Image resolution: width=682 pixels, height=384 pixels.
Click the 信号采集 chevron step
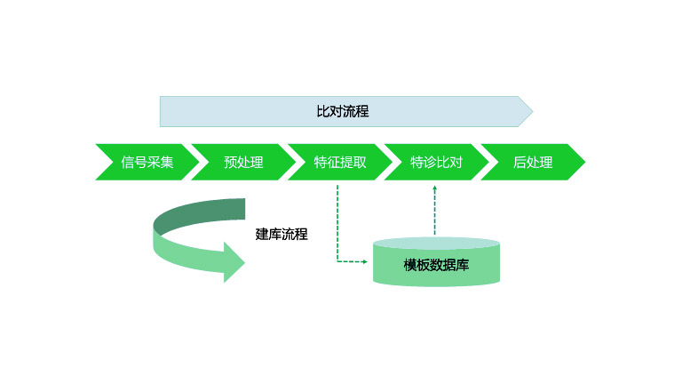(147, 163)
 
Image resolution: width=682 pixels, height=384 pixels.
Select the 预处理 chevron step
(243, 163)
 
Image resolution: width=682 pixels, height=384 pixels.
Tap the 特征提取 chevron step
(339, 163)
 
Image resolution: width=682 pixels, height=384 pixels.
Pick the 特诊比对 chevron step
(436, 163)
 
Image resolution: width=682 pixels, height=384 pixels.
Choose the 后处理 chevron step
(533, 163)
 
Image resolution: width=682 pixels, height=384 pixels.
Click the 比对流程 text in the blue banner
(342, 112)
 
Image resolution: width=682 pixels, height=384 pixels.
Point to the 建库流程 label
(282, 235)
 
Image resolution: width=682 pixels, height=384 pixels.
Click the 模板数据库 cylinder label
(436, 265)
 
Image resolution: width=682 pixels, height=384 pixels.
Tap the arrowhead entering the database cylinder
(363, 261)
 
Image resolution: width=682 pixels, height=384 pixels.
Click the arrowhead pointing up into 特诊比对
(434, 188)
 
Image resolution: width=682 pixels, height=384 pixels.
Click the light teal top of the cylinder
(436, 243)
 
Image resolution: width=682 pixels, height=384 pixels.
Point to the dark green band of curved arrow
(204, 211)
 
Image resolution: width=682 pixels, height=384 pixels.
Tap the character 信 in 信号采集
(128, 163)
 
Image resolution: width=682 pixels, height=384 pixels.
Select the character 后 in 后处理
(519, 163)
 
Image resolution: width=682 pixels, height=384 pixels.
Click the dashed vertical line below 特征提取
(338, 222)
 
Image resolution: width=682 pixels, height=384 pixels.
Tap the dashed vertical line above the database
(434, 213)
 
